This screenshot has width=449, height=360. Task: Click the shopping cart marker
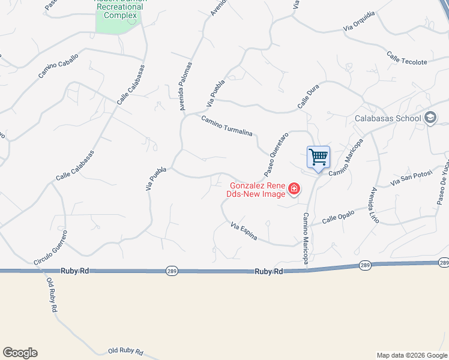click(x=319, y=158)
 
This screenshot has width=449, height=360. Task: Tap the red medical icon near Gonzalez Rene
click(x=294, y=190)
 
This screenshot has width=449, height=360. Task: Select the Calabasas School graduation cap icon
click(x=430, y=118)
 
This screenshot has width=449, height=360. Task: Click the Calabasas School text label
click(x=387, y=118)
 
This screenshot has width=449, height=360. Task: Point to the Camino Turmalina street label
click(x=227, y=126)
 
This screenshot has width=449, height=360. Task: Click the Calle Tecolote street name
click(x=407, y=59)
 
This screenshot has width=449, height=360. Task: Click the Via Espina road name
click(x=244, y=232)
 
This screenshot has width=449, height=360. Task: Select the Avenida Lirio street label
click(x=375, y=205)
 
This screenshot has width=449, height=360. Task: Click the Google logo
click(x=20, y=353)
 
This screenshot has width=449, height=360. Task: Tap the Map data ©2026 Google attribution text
click(x=411, y=355)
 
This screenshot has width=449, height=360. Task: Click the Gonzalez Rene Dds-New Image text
click(x=255, y=190)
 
